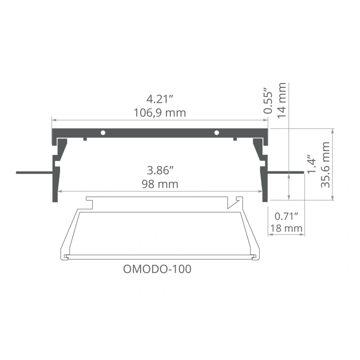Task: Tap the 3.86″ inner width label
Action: pyautogui.click(x=160, y=170)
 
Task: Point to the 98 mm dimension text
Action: pyautogui.click(x=160, y=184)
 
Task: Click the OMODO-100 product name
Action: pyautogui.click(x=157, y=269)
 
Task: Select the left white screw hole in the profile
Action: pyautogui.click(x=103, y=132)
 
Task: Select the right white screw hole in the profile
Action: pyautogui.click(x=216, y=132)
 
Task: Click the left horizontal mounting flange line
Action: pyautogui.click(x=34, y=171)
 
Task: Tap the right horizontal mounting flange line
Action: pyautogui.click(x=286, y=171)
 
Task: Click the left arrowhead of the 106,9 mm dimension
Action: pyautogui.click(x=54, y=120)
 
